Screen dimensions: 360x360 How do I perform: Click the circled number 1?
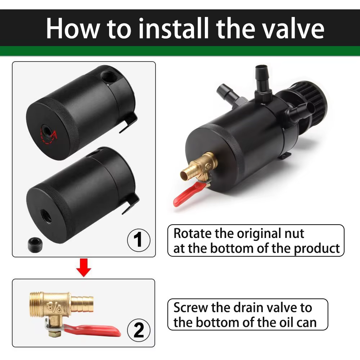(x=139, y=240)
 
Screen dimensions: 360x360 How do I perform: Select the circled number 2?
(x=139, y=330)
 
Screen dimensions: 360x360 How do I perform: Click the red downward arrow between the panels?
(x=84, y=267)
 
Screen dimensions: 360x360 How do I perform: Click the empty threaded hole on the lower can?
(x=46, y=216)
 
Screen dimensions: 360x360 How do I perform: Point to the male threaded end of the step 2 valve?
(x=36, y=301)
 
